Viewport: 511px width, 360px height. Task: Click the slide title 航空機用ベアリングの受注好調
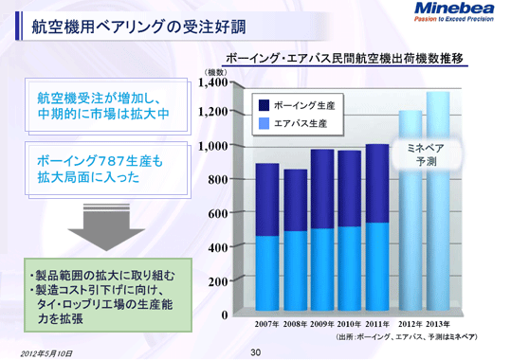[111, 29]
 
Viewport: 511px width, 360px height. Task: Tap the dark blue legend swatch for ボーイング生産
[264, 105]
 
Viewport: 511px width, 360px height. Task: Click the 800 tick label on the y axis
[216, 180]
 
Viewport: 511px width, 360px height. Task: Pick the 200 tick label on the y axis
[216, 281]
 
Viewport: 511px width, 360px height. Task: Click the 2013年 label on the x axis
[437, 324]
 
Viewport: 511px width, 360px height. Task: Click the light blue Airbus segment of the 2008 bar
[295, 272]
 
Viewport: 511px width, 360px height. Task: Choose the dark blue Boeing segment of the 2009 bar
[322, 189]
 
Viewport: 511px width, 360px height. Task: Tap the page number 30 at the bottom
[255, 351]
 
